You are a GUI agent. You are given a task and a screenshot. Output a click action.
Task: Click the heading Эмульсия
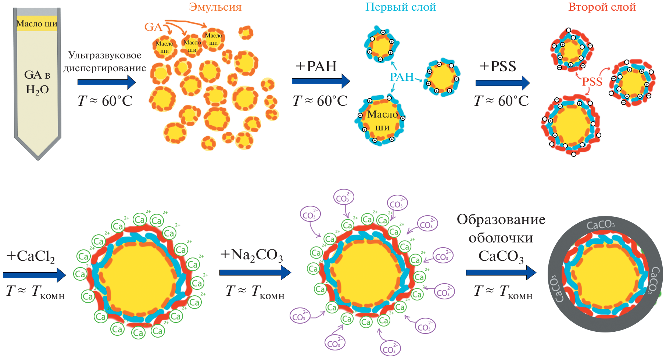tap(215, 7)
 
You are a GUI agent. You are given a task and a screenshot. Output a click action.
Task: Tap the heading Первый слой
tap(401, 7)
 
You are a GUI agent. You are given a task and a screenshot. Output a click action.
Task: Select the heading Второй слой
tap(602, 7)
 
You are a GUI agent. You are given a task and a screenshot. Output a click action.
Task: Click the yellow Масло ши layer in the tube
tap(37, 24)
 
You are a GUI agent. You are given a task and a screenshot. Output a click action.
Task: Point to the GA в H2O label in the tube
tap(37, 82)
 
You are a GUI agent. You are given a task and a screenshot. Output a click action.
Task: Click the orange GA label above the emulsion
tap(153, 27)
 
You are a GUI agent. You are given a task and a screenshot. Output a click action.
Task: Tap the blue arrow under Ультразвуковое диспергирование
tap(107, 82)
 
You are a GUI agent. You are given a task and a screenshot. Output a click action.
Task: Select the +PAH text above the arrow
tap(316, 66)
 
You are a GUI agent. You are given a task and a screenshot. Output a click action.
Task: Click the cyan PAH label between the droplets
tap(402, 77)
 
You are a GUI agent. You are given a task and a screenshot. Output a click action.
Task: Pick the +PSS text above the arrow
tap(498, 66)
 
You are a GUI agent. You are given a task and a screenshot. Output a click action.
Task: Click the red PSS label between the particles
tap(592, 82)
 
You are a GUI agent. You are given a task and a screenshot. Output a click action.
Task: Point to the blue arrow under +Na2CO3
tap(255, 273)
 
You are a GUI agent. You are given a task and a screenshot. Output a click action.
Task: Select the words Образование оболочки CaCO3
tap(501, 238)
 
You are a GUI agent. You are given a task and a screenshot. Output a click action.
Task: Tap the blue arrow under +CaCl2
tap(34, 275)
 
